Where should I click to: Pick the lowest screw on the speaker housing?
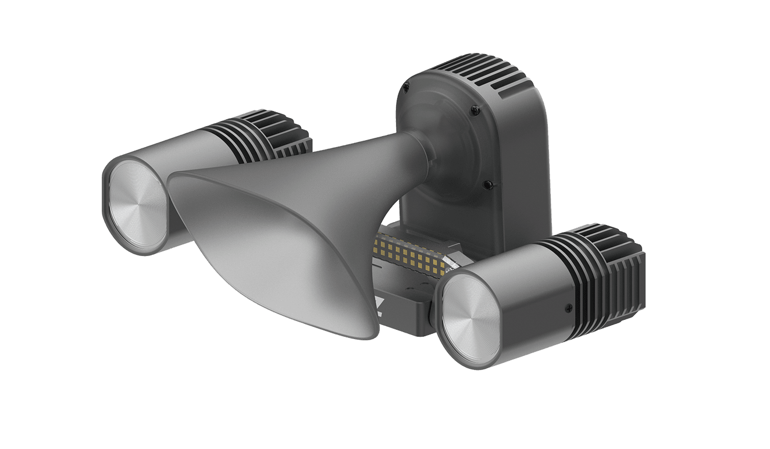tap(489, 184)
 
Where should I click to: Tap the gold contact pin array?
tap(410, 253)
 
